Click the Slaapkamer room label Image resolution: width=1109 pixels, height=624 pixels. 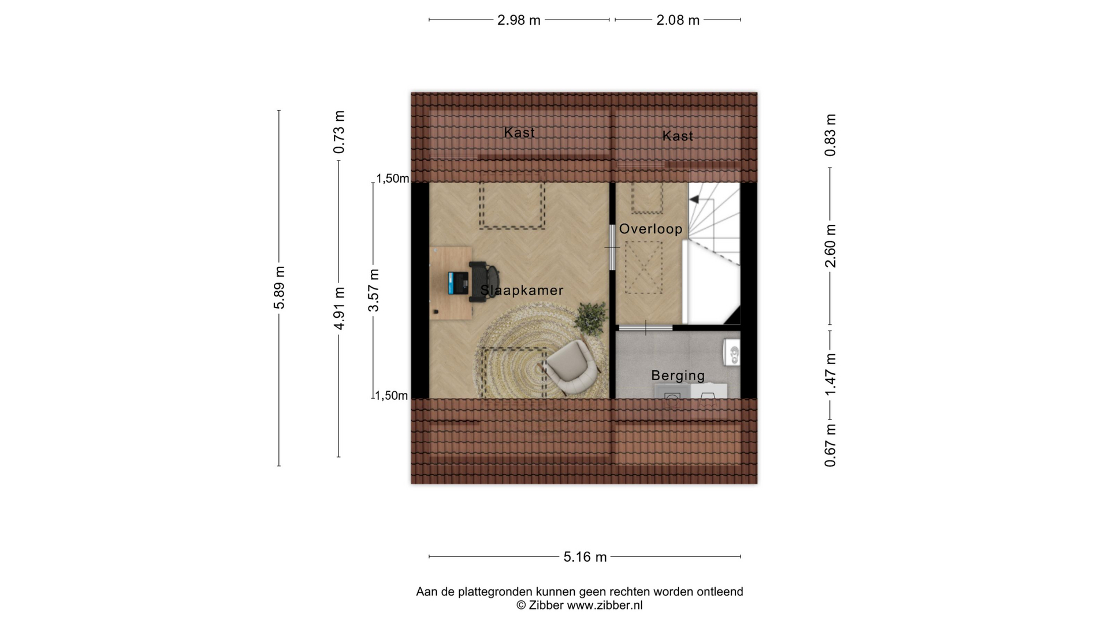tap(522, 290)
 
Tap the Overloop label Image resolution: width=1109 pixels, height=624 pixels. tap(651, 229)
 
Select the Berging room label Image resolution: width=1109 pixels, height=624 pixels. tap(678, 376)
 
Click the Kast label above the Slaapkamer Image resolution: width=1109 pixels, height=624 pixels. tap(519, 132)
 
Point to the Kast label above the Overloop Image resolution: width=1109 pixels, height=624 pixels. tap(678, 136)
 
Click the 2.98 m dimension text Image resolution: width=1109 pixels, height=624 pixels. tap(519, 20)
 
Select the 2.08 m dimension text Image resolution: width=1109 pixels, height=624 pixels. tap(678, 20)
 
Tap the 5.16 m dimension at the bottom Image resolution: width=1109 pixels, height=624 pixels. tap(585, 557)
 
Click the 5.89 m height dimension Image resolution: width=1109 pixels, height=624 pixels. tap(280, 288)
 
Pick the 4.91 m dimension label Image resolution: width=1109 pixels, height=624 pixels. tap(340, 309)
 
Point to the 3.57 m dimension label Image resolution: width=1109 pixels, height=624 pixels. tap(374, 290)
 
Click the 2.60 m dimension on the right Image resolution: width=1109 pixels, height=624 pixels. tap(830, 246)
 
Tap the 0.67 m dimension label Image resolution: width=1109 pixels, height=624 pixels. tap(830, 445)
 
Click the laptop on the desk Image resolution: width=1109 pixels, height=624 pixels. tap(458, 283)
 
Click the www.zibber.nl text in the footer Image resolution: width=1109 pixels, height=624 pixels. tap(605, 606)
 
